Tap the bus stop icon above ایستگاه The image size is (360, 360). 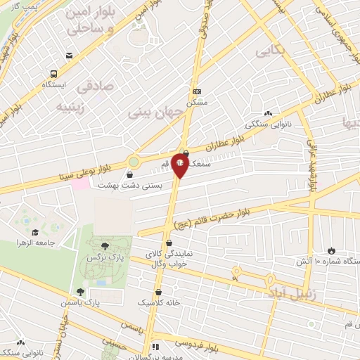(53, 73)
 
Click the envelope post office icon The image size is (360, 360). (68, 56)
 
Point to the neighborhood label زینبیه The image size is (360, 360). (74, 108)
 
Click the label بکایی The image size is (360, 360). (270, 51)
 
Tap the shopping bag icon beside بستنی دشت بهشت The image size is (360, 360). (131, 174)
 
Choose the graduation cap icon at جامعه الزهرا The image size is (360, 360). (34, 232)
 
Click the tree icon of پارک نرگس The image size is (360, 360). (104, 245)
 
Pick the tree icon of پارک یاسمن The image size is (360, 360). (80, 291)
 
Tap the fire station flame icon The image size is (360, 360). (330, 251)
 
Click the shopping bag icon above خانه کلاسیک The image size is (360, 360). (157, 291)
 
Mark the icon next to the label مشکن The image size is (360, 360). (197, 91)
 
